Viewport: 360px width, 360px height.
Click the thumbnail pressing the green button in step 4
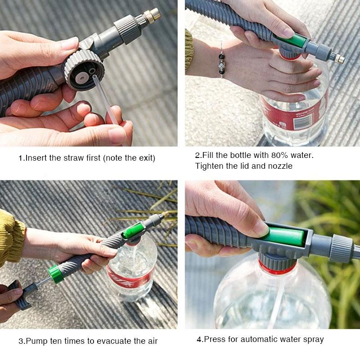coord(260,227)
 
